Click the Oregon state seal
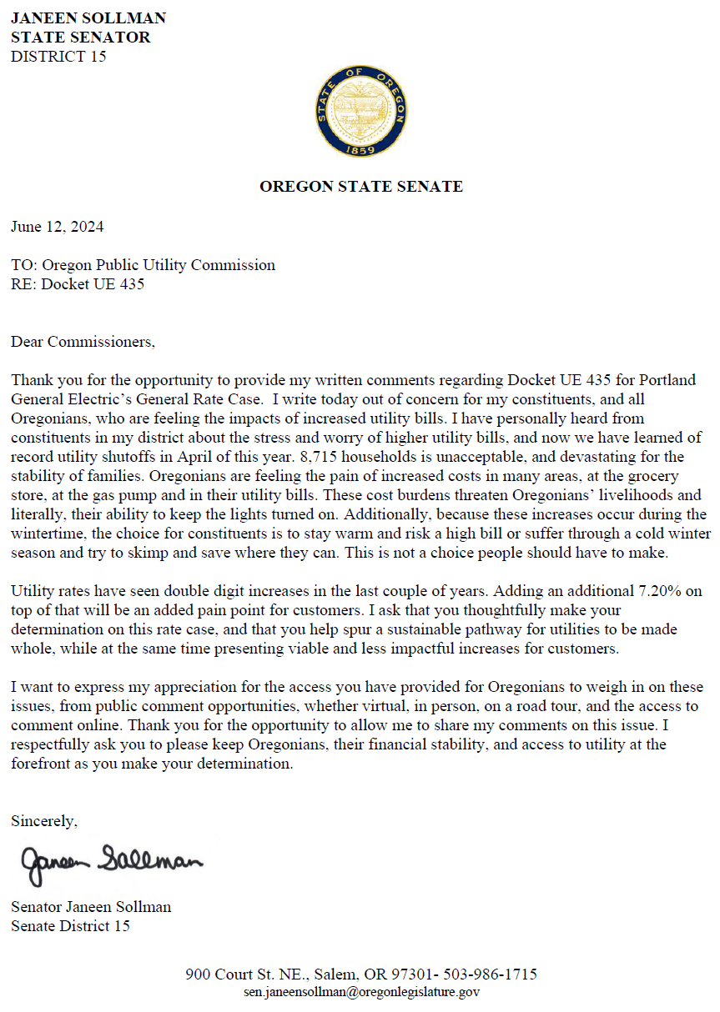tap(361, 113)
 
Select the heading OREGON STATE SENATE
tap(361, 187)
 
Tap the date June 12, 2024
tap(58, 227)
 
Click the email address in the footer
tap(361, 992)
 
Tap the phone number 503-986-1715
tap(491, 974)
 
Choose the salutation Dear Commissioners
tap(83, 342)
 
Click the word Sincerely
tap(43, 821)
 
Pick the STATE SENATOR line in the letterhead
tap(81, 38)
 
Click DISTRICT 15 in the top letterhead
tap(58, 57)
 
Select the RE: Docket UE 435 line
tap(78, 284)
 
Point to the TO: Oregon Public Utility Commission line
tap(143, 265)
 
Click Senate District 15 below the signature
tap(70, 926)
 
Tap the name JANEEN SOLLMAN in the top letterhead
tap(88, 18)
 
